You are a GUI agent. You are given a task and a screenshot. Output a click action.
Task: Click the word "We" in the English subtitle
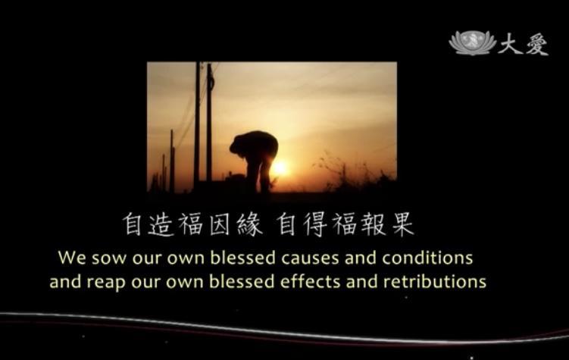[72, 258]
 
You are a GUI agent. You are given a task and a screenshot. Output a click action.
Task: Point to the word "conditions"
[427, 258]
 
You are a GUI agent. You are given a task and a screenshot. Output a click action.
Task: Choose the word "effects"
[311, 281]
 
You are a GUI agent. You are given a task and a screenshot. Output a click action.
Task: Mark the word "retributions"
[434, 281]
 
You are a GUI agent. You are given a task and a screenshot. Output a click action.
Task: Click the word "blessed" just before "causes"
[242, 258]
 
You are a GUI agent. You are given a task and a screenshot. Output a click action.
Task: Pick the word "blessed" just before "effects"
[242, 281]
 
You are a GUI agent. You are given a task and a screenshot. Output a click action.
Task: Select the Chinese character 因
[219, 224]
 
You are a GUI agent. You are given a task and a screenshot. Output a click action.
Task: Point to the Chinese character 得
[314, 224]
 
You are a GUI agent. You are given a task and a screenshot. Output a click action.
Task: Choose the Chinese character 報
[374, 224]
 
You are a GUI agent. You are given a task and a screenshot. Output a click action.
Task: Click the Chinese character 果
[403, 224]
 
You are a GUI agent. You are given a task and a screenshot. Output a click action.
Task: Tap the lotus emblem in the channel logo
[472, 42]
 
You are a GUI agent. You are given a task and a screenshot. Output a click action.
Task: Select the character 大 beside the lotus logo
[510, 43]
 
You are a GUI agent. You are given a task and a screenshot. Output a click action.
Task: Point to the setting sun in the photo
[280, 168]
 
